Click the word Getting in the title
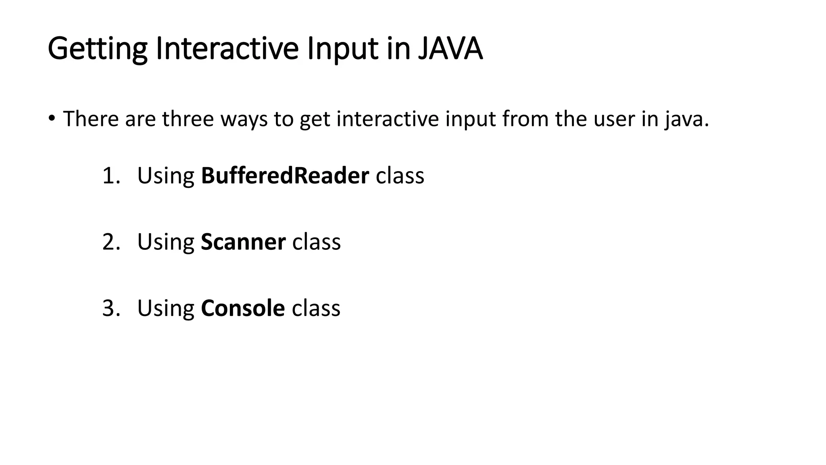97,49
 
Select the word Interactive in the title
227,49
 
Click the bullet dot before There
51,118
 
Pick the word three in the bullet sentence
188,119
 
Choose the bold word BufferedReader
285,176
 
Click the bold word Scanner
243,242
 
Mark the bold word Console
243,308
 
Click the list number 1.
111,176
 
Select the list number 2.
111,242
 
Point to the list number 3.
111,308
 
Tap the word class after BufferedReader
400,176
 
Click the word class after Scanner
316,242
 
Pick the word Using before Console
166,309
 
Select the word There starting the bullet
91,119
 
